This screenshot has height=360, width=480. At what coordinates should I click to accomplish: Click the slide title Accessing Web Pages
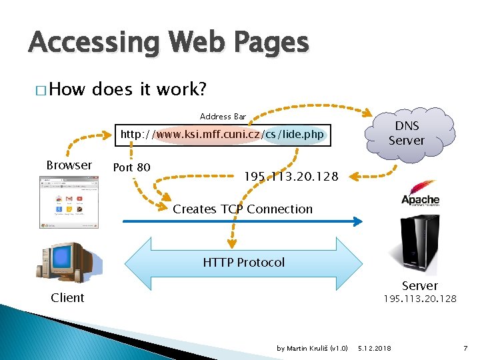point(169,43)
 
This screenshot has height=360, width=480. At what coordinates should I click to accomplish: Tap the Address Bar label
point(223,116)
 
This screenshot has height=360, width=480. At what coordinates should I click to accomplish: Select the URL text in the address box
point(221,135)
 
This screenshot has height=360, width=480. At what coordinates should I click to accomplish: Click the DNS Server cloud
point(406,133)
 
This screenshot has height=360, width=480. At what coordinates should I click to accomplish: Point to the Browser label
point(69,165)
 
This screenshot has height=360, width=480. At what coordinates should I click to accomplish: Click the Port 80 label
point(131,167)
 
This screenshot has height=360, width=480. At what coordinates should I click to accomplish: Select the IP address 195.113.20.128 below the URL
point(291,177)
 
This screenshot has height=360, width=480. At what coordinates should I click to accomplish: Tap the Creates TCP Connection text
point(243,209)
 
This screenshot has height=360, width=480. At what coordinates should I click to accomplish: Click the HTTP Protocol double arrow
point(243,262)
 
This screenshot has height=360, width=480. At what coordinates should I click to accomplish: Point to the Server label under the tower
point(419,285)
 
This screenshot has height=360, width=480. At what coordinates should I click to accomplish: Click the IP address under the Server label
point(419,299)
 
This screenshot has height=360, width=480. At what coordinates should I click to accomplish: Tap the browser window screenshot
point(67,202)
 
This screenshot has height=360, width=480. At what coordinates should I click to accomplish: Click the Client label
point(67,297)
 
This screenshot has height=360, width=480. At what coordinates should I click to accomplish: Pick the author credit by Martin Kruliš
point(312,348)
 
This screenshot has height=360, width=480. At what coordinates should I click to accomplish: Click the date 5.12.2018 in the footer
point(375,348)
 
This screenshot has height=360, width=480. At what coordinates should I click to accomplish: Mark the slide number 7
point(465,348)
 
